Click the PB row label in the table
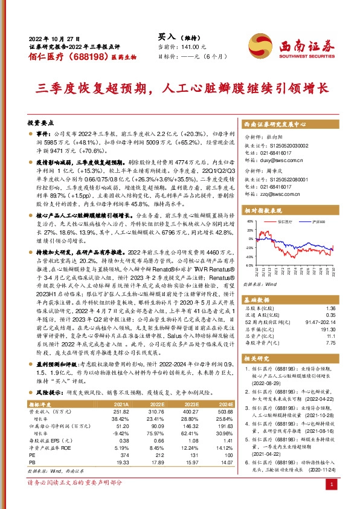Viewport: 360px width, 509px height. [33, 446]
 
